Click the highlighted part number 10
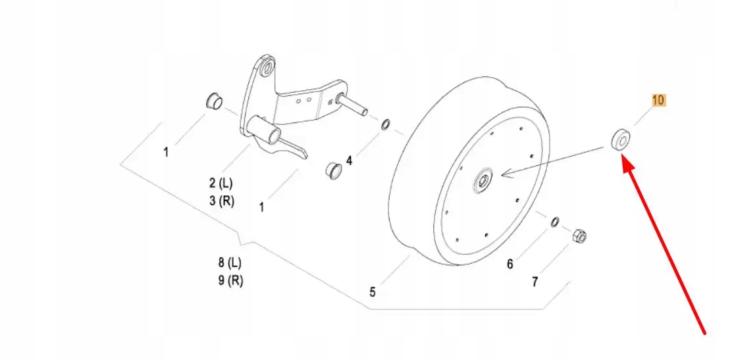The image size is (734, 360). point(659,101)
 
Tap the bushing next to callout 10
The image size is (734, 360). point(620,140)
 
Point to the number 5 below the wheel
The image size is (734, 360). point(373,292)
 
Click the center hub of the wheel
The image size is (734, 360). point(484,180)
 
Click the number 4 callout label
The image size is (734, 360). point(350,160)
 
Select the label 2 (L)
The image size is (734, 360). point(221,182)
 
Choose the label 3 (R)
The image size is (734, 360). point(222,201)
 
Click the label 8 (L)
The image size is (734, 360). point(230,263)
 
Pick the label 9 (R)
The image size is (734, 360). point(230,280)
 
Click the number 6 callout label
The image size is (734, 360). point(510,265)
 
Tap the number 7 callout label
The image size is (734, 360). point(535,282)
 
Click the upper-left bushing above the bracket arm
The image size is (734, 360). point(215,102)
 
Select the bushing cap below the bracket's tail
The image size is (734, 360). point(333,170)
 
